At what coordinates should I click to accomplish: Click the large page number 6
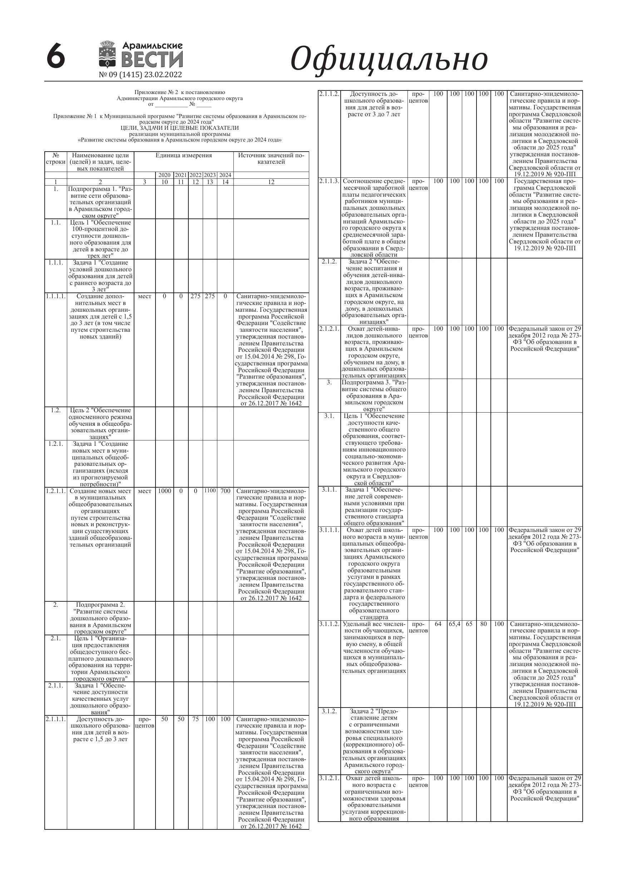click(56, 56)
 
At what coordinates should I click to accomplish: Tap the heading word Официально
click(389, 59)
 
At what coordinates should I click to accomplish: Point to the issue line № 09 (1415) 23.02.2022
click(140, 75)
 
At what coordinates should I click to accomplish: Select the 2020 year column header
click(164, 175)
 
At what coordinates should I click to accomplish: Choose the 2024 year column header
click(225, 175)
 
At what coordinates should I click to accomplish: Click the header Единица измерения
click(183, 155)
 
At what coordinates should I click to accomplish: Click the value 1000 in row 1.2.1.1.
click(164, 491)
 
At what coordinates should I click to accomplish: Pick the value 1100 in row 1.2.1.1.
click(210, 491)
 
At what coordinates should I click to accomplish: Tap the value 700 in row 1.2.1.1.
click(225, 491)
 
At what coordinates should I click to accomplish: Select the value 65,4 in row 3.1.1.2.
click(454, 624)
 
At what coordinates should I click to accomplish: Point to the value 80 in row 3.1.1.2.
click(483, 624)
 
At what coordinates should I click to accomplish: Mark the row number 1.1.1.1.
click(56, 296)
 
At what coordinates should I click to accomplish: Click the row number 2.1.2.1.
click(329, 329)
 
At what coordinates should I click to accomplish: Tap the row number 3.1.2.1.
click(329, 778)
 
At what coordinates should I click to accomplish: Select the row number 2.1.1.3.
click(329, 181)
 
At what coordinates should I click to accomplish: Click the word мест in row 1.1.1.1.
click(144, 296)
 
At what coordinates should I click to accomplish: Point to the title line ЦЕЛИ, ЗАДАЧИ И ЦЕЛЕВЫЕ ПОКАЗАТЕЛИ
click(180, 128)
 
